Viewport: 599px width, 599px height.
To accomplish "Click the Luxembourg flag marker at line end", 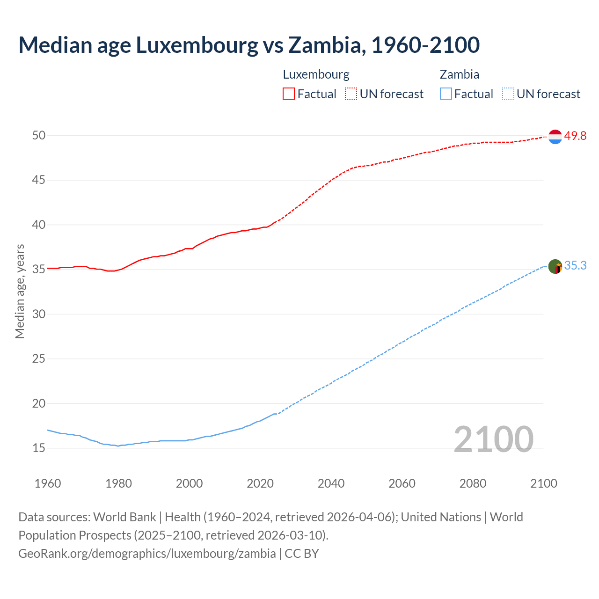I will (x=555, y=137).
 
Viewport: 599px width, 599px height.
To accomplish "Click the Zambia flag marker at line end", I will (x=555, y=267).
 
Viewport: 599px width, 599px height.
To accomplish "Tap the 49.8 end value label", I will (x=575, y=136).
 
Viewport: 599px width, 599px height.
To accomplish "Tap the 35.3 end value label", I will (x=575, y=265).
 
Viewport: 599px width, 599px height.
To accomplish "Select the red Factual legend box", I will (x=289, y=94).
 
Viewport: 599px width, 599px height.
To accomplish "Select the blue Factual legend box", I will (x=446, y=94).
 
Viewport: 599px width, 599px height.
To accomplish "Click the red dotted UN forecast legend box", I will (x=351, y=94).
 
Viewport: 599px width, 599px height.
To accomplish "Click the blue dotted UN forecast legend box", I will (x=508, y=94).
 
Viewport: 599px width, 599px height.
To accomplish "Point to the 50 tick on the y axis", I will (x=39, y=135).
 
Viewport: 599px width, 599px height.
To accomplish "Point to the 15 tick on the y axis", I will (x=39, y=448).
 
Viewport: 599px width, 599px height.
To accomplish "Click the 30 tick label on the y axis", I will (x=39, y=314).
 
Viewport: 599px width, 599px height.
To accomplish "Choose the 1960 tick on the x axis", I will (x=48, y=483).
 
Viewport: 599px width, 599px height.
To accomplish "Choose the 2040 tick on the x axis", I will (x=331, y=483).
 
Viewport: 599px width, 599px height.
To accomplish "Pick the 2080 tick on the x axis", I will (x=473, y=483).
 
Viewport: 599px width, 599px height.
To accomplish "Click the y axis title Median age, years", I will (x=20, y=291).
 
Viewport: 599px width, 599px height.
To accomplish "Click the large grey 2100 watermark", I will (x=493, y=439).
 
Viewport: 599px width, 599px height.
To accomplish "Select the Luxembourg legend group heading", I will (x=316, y=74).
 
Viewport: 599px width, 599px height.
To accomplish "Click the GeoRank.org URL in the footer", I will (x=147, y=553).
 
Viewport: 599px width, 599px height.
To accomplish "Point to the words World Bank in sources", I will (x=124, y=517).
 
